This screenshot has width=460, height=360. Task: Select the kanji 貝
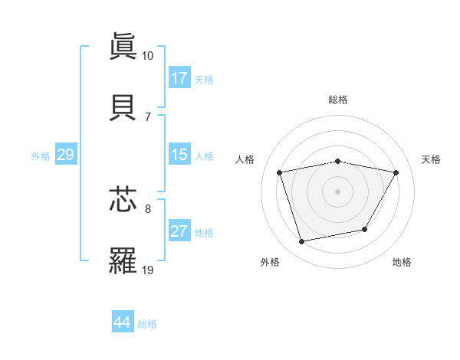(x=123, y=106)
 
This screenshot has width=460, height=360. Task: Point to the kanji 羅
(x=123, y=260)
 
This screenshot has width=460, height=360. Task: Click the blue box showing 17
(x=179, y=77)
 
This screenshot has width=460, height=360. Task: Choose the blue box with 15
(x=179, y=154)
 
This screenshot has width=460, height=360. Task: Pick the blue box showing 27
(x=179, y=231)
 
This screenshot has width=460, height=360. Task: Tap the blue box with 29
(x=65, y=155)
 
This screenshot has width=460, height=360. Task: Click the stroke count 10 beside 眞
(x=147, y=56)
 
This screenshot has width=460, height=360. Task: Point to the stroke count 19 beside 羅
(x=147, y=270)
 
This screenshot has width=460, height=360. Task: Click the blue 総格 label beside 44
(x=147, y=324)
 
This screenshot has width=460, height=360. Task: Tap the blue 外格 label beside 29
(x=41, y=156)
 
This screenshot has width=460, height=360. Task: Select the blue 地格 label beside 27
(x=204, y=233)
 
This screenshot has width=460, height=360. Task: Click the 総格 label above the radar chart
(x=338, y=100)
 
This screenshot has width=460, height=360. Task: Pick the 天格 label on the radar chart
(x=432, y=159)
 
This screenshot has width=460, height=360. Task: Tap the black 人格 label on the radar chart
(x=245, y=159)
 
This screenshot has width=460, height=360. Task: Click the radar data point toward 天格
(x=396, y=172)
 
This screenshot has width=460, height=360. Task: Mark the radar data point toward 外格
(x=302, y=242)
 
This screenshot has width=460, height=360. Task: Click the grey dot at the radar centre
(x=338, y=191)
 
